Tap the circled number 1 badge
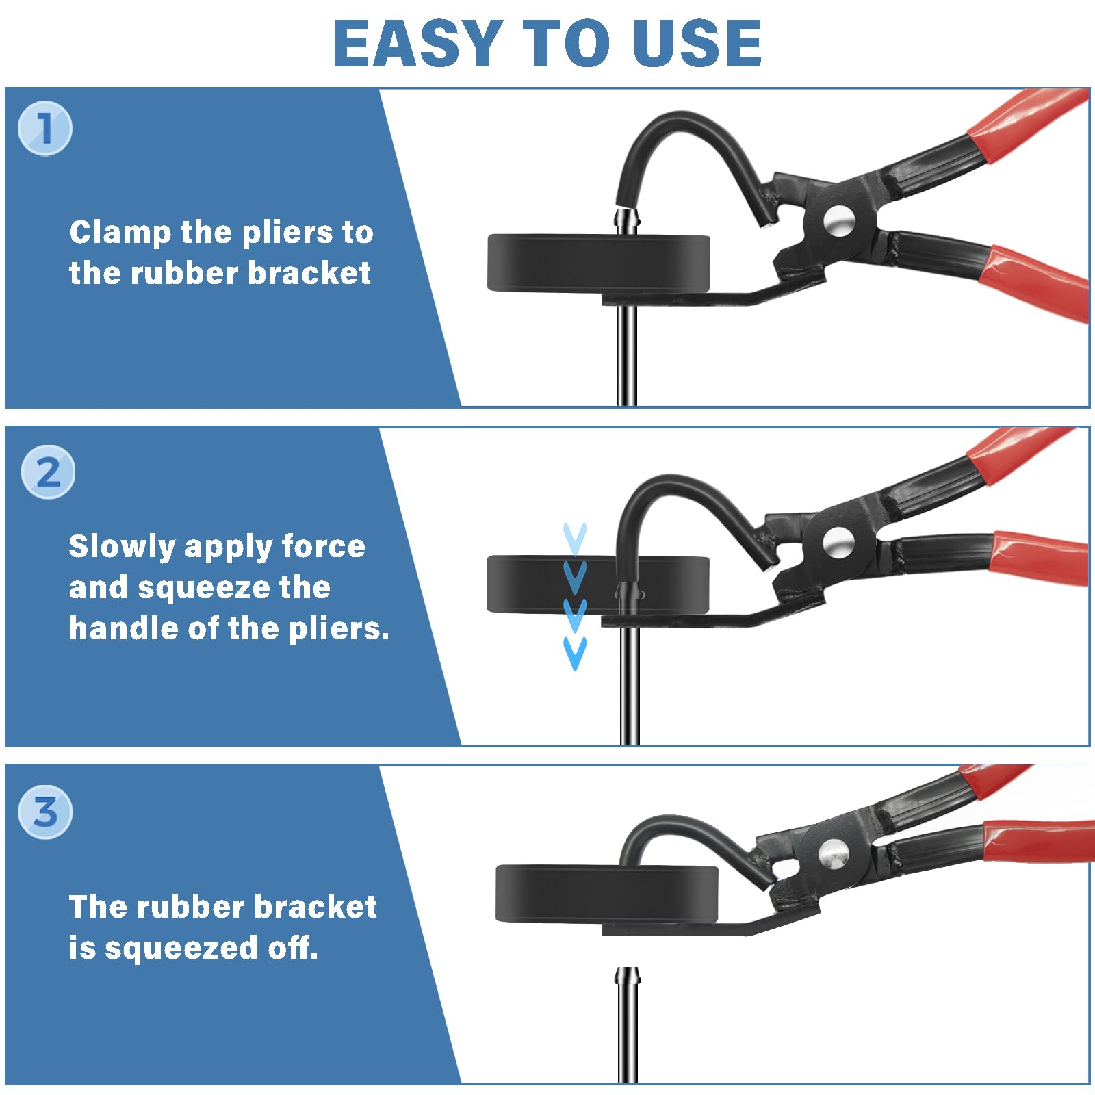click(x=45, y=128)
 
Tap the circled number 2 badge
click(x=48, y=473)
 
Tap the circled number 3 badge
click(x=45, y=812)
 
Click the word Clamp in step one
click(x=120, y=233)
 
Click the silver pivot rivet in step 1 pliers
click(x=839, y=221)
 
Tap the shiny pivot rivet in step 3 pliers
click(x=833, y=853)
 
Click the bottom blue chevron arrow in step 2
click(x=575, y=652)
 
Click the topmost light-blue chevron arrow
click(x=575, y=538)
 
